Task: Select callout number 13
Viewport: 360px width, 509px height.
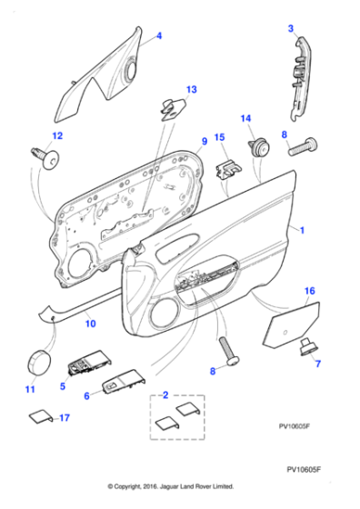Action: point(191,89)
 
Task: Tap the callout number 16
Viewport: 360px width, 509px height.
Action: point(308,291)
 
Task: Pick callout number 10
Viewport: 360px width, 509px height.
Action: point(89,322)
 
